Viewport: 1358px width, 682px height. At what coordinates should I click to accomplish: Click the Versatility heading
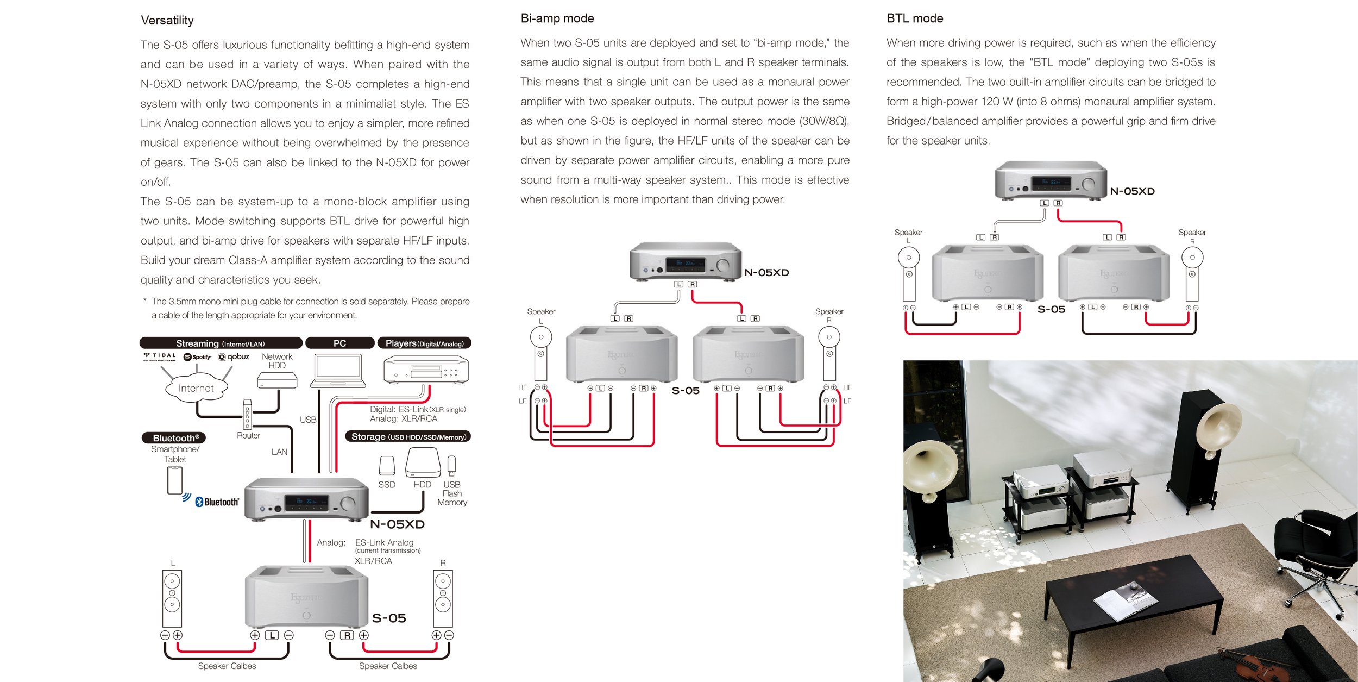(167, 21)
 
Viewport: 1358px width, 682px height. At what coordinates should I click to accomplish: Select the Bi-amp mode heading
(557, 18)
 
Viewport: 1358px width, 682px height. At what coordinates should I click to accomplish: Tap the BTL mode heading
(915, 18)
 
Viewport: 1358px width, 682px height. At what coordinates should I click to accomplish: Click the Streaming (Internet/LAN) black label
(221, 343)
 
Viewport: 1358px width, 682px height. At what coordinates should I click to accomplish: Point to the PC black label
(339, 343)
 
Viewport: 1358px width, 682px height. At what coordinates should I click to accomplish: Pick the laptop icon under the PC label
(338, 371)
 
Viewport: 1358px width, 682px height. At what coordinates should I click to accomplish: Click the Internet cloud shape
(196, 388)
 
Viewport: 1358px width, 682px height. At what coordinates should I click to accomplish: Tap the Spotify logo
(197, 357)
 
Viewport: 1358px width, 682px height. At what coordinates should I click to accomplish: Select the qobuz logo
(234, 357)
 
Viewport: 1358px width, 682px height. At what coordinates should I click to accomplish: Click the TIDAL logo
(160, 356)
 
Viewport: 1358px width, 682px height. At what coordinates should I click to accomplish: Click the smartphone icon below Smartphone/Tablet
(174, 480)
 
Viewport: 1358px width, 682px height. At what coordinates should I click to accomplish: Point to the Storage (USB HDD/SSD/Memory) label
(408, 437)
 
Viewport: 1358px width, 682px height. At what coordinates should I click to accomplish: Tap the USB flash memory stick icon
(451, 466)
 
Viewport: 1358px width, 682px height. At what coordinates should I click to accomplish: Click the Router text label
(248, 436)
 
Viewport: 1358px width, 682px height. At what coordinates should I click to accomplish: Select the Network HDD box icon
(277, 380)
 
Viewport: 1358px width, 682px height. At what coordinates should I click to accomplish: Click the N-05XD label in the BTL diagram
(1132, 191)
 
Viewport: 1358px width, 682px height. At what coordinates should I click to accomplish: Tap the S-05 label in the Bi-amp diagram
(686, 391)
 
